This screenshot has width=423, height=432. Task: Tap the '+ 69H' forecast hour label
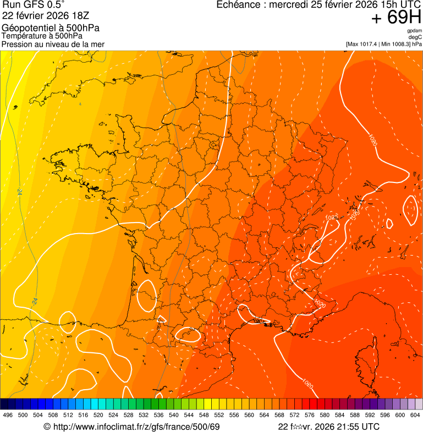(x=396, y=18)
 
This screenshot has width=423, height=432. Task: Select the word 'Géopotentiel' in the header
(x=27, y=28)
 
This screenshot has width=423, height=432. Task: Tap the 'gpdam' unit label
(x=415, y=31)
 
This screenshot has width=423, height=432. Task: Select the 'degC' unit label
(x=416, y=37)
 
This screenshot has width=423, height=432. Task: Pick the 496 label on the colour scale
(x=8, y=416)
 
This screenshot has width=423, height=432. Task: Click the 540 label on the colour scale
(x=174, y=416)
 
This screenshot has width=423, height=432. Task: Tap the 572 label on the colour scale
(x=294, y=416)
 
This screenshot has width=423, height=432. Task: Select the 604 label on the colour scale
(x=415, y=416)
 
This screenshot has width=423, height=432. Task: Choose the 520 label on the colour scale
(x=98, y=416)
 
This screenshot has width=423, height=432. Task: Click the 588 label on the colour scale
(x=355, y=416)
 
